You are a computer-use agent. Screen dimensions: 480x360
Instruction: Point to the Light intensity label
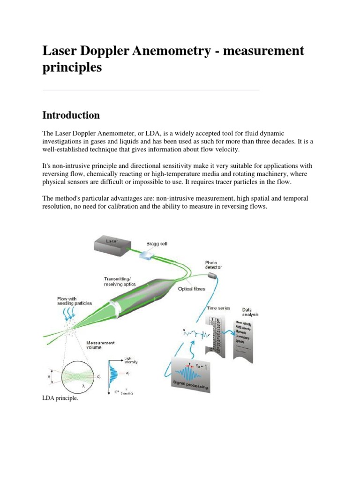click(131, 360)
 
